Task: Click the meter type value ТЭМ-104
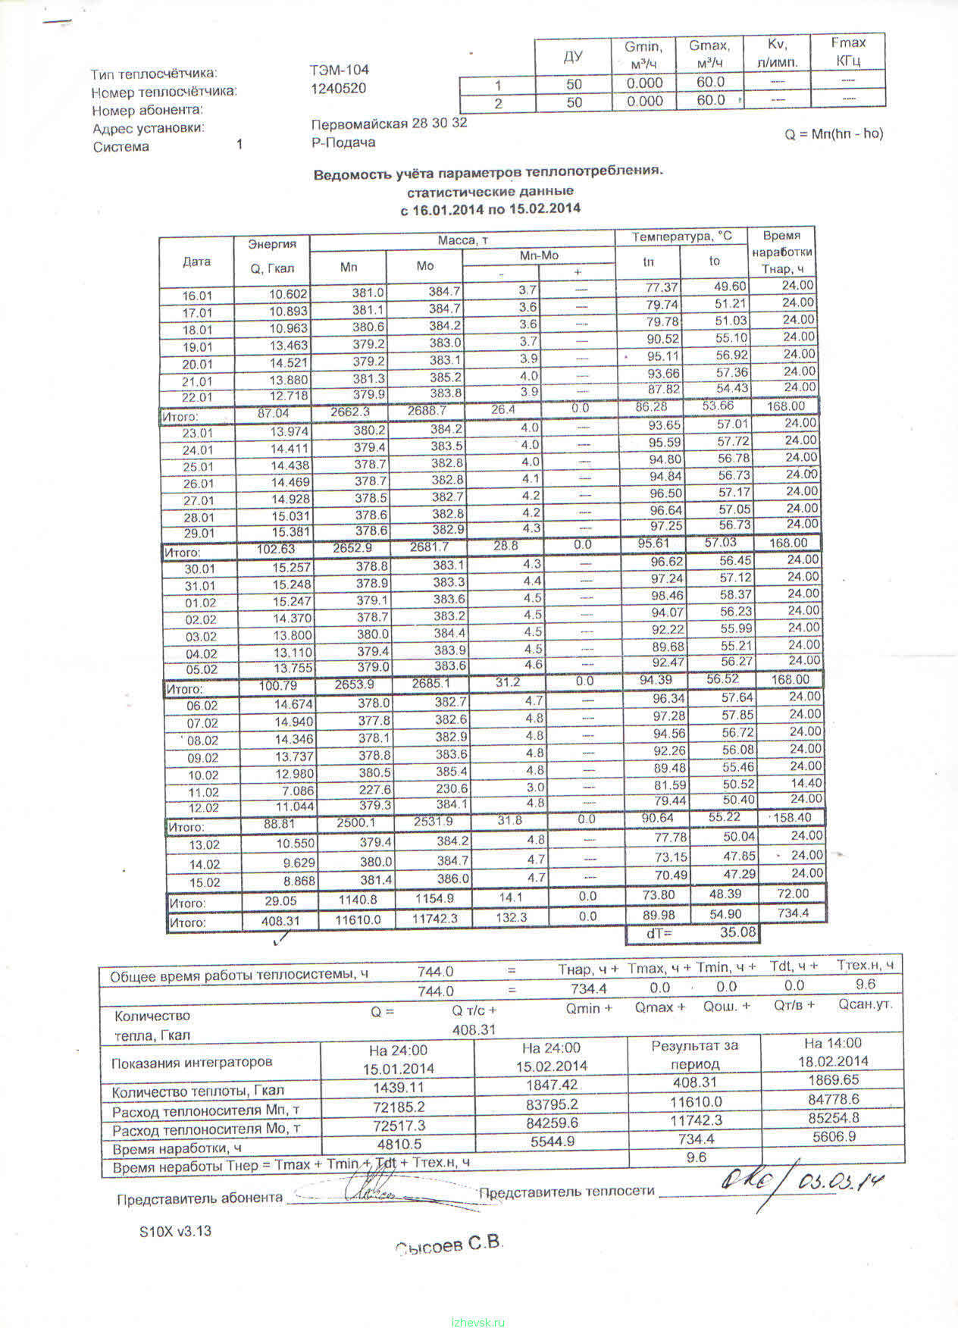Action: pos(339,70)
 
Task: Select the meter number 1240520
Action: pos(338,89)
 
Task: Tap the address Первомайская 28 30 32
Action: pos(389,124)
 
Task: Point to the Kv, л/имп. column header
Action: pos(777,53)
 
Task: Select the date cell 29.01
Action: pos(199,533)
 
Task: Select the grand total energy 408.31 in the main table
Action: pos(280,920)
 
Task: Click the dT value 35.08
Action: pos(737,932)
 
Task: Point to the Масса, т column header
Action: pos(462,241)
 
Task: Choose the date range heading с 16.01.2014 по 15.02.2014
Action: pos(490,208)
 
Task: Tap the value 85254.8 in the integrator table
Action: pos(833,1118)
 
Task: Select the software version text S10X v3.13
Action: pos(175,1232)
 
